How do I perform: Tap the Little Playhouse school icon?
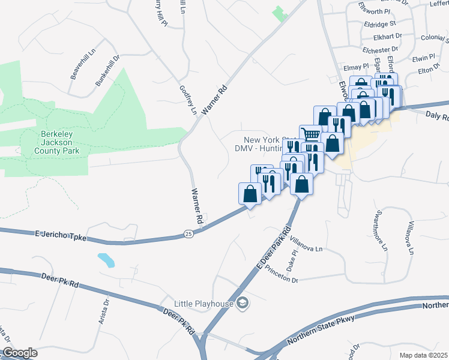(242, 303)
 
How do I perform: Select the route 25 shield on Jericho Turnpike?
(188, 233)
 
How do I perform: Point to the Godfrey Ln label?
(188, 100)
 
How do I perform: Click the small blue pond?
(106, 260)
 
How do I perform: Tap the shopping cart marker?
(310, 134)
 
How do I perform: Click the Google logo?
(20, 353)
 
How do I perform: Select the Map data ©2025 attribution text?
(423, 355)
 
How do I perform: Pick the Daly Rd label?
(436, 116)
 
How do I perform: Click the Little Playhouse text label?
(203, 304)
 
